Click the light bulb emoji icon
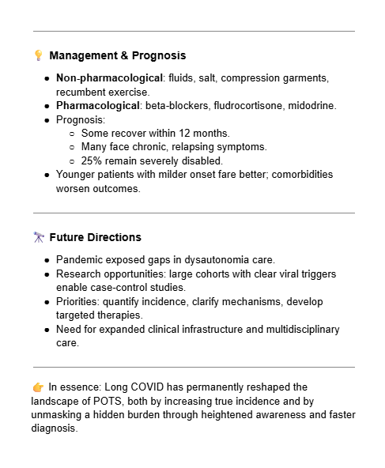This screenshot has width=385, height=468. [39, 56]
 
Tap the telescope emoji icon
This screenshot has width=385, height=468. [39, 237]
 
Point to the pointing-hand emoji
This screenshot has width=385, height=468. [39, 387]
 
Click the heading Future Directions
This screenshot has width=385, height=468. [95, 237]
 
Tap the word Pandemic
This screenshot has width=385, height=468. [81, 260]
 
